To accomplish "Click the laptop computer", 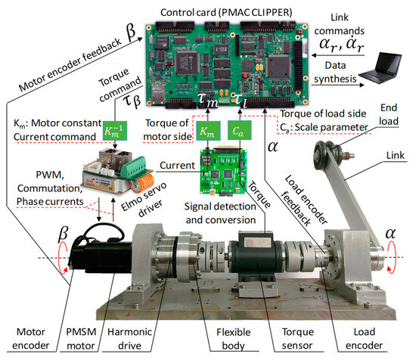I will [380, 74].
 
